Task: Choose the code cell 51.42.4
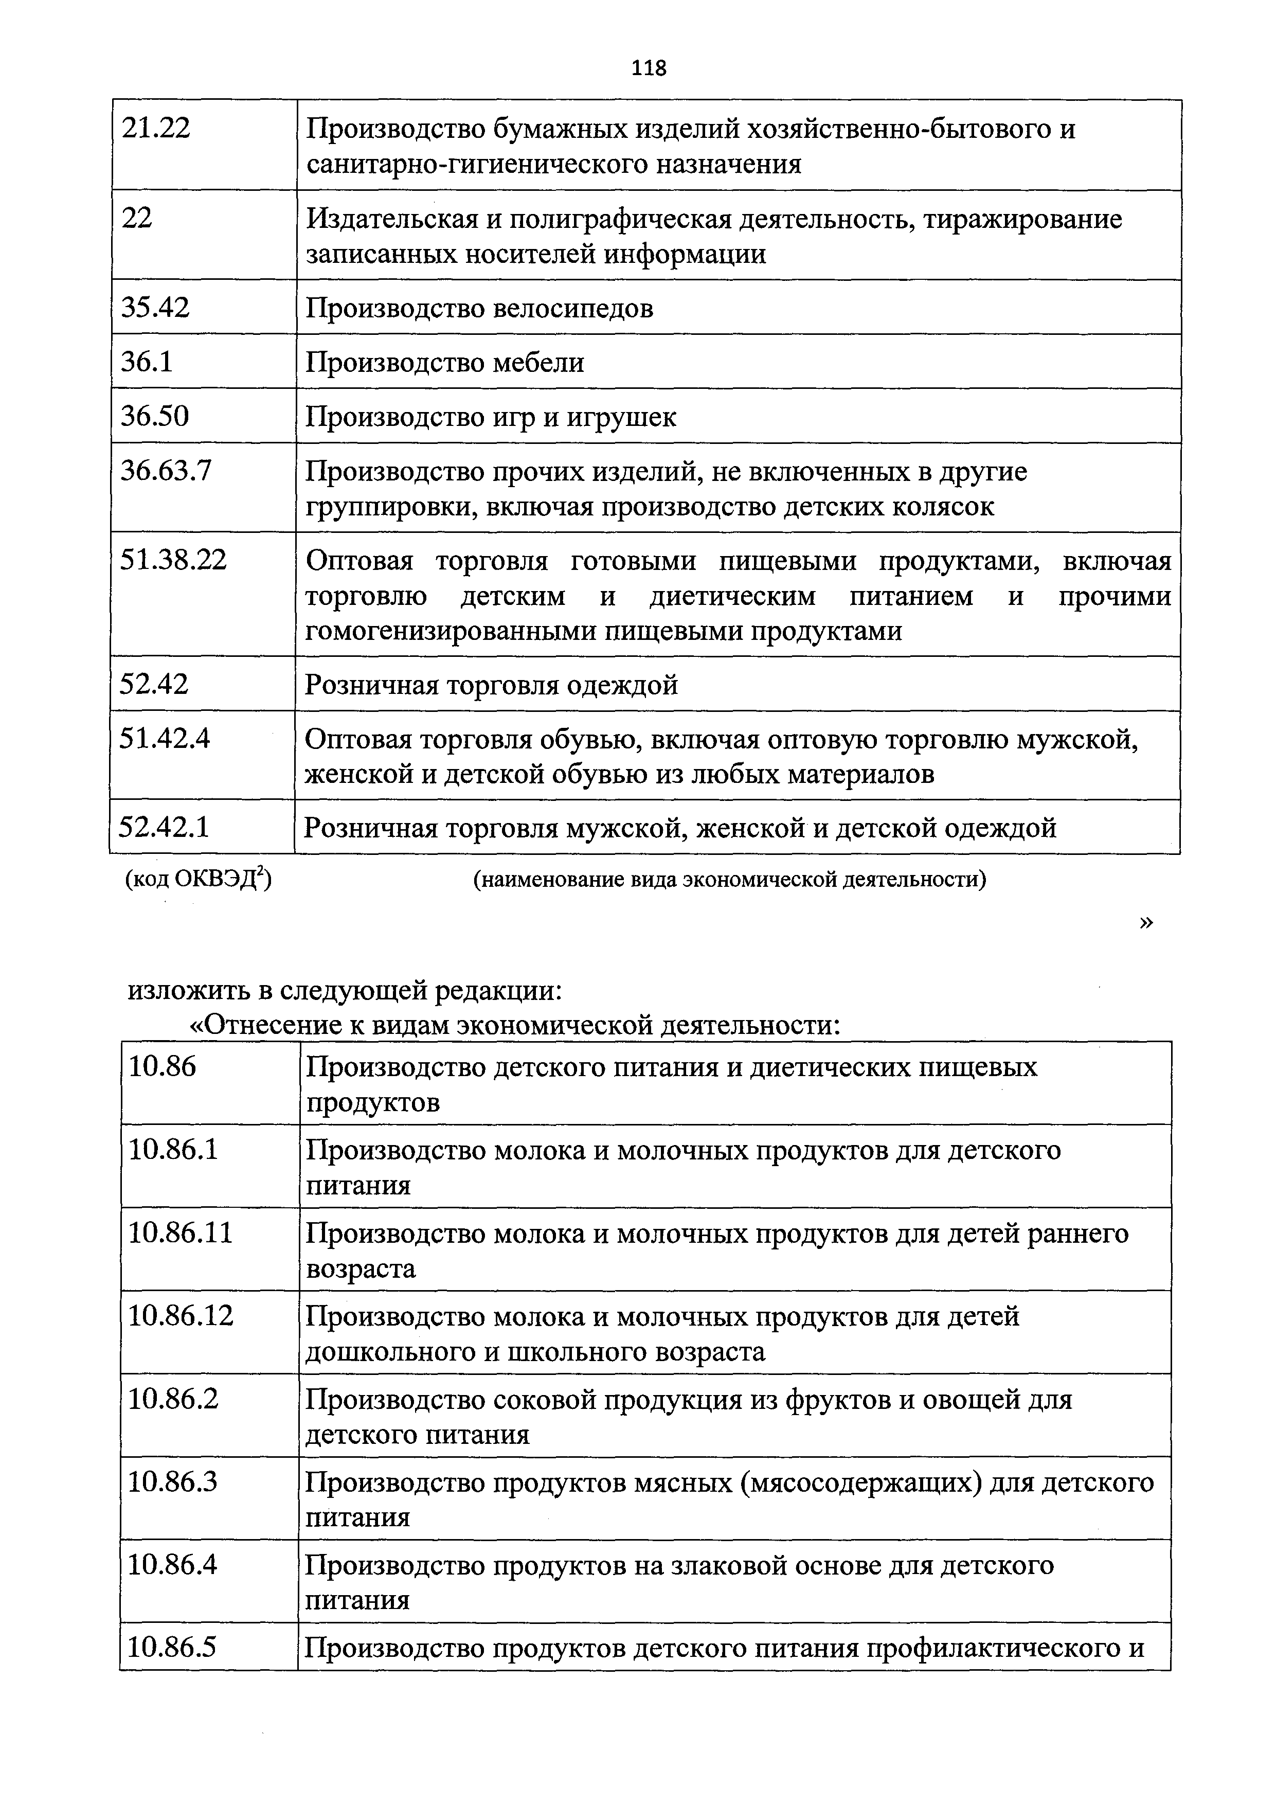(x=165, y=738)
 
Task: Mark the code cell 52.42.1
(x=164, y=827)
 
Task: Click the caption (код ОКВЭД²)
(x=198, y=879)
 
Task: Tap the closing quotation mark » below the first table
(x=1145, y=923)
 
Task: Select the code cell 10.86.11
(x=181, y=1232)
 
